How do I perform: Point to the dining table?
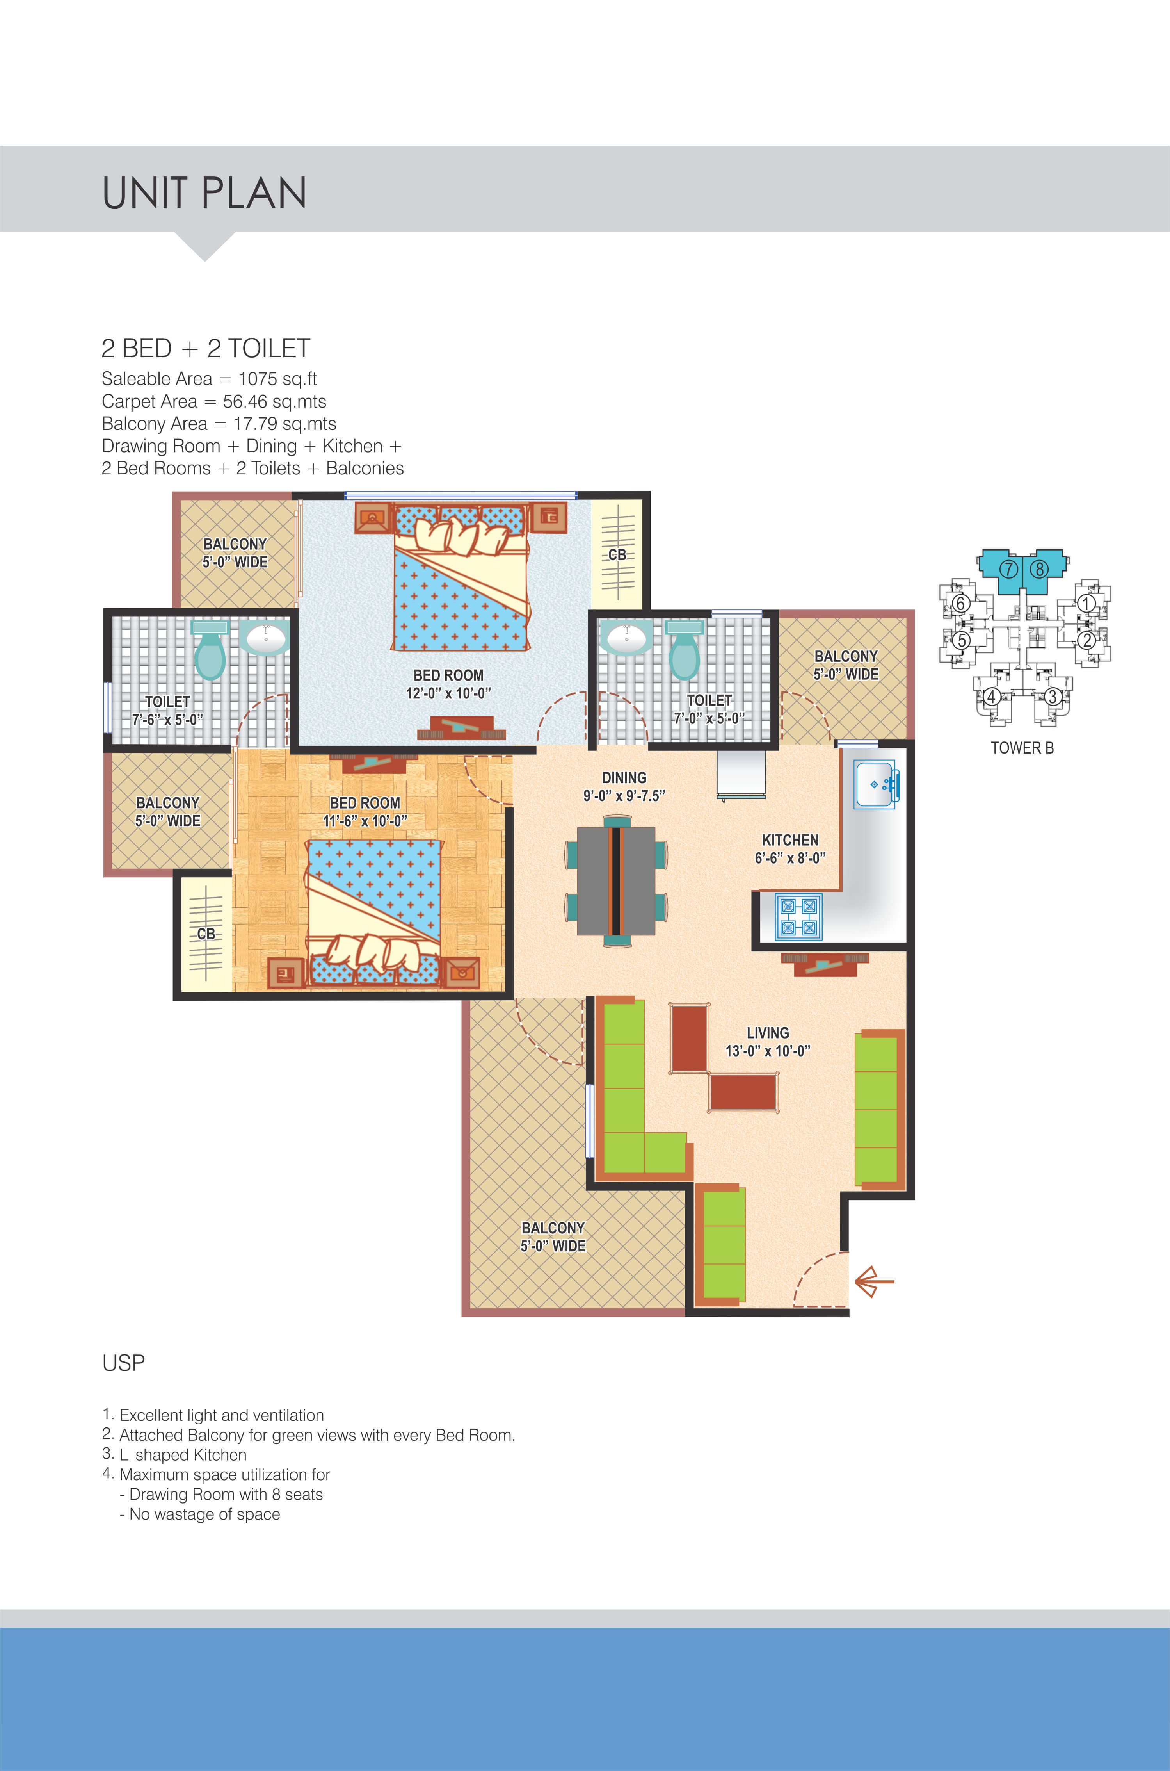(x=616, y=881)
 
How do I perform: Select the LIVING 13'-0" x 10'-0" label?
(x=768, y=1042)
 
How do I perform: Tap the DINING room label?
(x=624, y=778)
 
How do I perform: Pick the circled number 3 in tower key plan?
(x=1052, y=697)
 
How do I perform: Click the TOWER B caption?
(x=1022, y=748)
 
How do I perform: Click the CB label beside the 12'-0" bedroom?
(x=617, y=554)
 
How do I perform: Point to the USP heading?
(x=123, y=1363)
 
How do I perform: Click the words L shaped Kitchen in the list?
(x=183, y=1455)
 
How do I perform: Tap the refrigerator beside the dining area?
(x=741, y=774)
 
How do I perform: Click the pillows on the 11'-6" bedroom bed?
(x=373, y=953)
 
